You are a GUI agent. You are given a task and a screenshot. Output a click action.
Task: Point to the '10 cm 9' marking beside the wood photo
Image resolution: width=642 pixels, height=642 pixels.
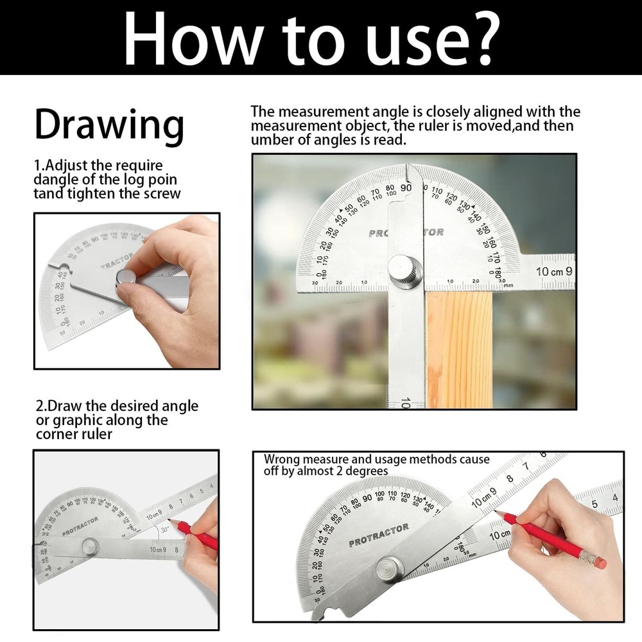pos(554,272)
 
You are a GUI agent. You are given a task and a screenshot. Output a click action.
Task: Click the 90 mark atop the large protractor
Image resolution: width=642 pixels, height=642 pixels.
pos(406,187)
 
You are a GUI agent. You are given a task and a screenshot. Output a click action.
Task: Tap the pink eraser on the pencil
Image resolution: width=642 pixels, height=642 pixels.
pos(600,562)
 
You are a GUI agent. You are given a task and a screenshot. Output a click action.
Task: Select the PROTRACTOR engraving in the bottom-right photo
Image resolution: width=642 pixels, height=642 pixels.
pos(379,535)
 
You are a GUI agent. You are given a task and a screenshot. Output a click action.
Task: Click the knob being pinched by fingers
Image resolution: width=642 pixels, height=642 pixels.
pos(126,280)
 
